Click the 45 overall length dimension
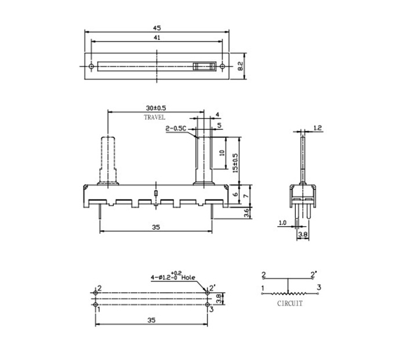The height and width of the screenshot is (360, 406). (x=157, y=27)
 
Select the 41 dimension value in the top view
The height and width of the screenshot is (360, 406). (x=157, y=38)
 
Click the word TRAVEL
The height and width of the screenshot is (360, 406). (x=155, y=118)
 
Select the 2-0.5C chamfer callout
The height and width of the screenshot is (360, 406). (x=176, y=128)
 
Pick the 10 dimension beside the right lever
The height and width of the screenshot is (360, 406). (x=223, y=154)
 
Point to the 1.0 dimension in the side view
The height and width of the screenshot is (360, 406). (x=282, y=223)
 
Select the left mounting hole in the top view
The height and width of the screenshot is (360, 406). (x=92, y=67)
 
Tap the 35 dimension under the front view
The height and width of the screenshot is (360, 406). (x=155, y=228)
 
